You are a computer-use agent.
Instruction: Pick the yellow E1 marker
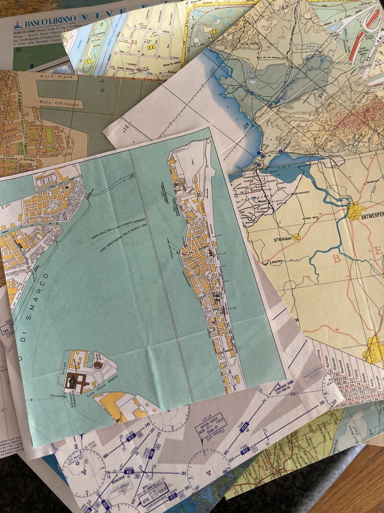tap(89, 62)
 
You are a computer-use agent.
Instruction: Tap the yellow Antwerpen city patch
tap(356, 210)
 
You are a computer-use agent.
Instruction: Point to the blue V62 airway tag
tap(129, 471)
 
